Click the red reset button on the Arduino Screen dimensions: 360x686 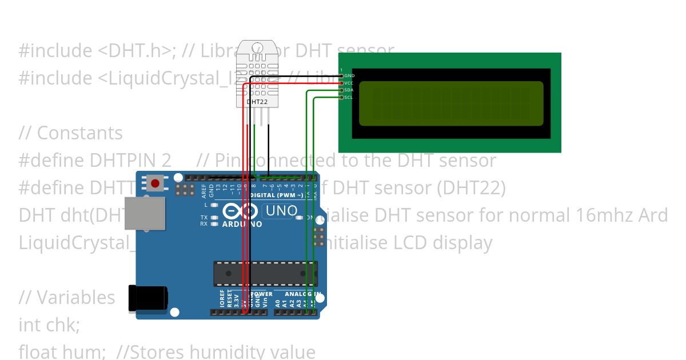[155, 184]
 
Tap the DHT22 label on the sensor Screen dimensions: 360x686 [257, 102]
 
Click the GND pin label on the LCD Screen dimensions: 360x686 [349, 76]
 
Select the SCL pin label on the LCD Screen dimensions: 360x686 [349, 98]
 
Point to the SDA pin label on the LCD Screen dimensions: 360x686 [349, 90]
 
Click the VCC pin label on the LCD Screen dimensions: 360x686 [349, 83]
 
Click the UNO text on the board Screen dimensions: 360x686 [281, 211]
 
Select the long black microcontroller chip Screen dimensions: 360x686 [265, 273]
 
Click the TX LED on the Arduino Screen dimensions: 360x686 [204, 218]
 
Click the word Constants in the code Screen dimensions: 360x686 [79, 133]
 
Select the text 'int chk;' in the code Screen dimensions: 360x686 [49, 325]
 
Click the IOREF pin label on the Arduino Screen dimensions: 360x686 [222, 300]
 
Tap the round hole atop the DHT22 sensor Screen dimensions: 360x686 [257, 46]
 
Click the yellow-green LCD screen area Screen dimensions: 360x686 [450, 103]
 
